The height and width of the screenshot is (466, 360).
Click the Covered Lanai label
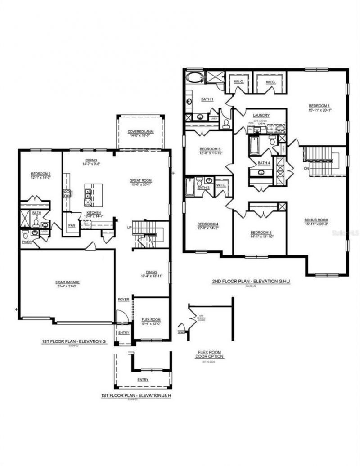click(x=139, y=131)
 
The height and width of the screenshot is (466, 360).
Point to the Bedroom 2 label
click(x=40, y=174)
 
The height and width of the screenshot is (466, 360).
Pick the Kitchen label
click(x=94, y=213)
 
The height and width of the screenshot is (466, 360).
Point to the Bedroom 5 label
click(x=210, y=149)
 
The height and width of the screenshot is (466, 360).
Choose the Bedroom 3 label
click(x=261, y=233)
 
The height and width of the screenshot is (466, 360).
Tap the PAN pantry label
click(x=72, y=225)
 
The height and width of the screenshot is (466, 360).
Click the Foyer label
click(x=123, y=299)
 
